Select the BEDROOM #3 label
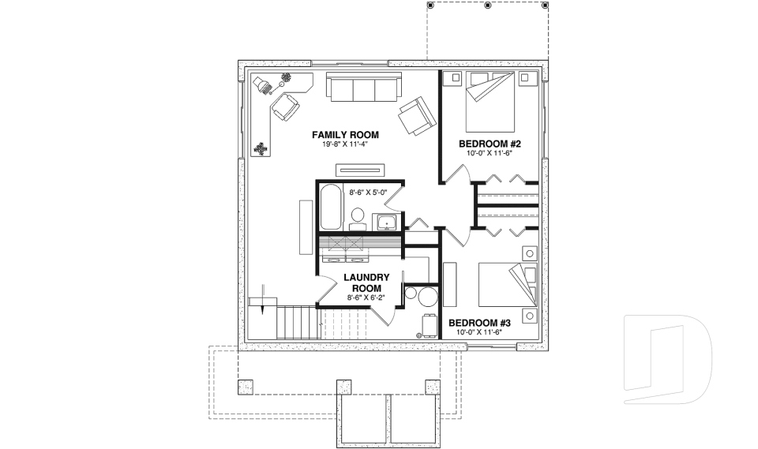coord(481,323)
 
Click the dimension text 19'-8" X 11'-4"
coord(345,145)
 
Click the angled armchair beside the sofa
coord(416,115)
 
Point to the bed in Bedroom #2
coord(490,102)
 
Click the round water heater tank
coord(428,297)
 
